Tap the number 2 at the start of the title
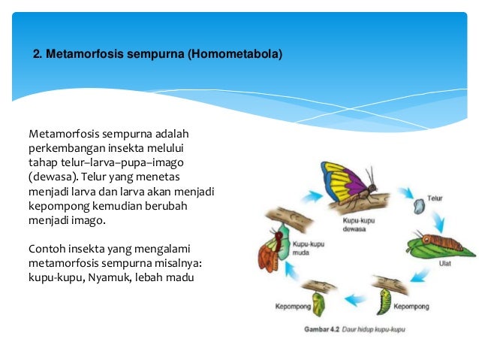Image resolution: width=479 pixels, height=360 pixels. tap(38, 55)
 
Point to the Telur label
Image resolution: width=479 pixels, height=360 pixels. tap(435, 199)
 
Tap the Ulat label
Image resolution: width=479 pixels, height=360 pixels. tap(444, 264)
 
